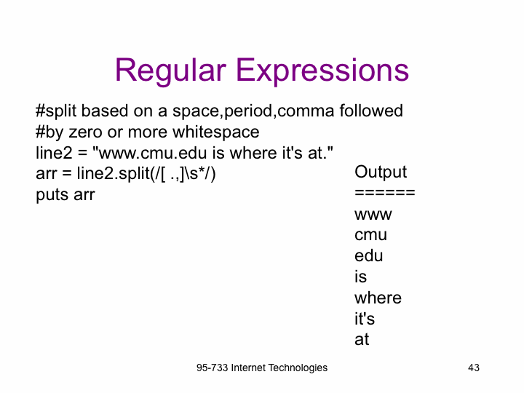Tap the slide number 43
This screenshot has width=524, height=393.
point(474,368)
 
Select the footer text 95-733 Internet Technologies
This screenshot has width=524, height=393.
point(262,368)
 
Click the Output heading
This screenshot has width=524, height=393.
point(381,172)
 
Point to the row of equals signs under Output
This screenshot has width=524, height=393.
point(385,192)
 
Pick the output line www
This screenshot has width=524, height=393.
point(373,215)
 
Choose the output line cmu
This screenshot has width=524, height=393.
point(370,235)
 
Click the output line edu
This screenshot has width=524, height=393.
point(368,255)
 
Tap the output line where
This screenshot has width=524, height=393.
point(378,298)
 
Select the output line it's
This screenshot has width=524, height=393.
point(365,319)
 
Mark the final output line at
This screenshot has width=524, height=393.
point(362,340)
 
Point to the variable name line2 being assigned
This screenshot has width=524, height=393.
point(54,153)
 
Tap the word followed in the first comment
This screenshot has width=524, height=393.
point(371,111)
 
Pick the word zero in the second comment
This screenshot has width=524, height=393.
point(85,132)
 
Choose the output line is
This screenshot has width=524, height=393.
point(360,277)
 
